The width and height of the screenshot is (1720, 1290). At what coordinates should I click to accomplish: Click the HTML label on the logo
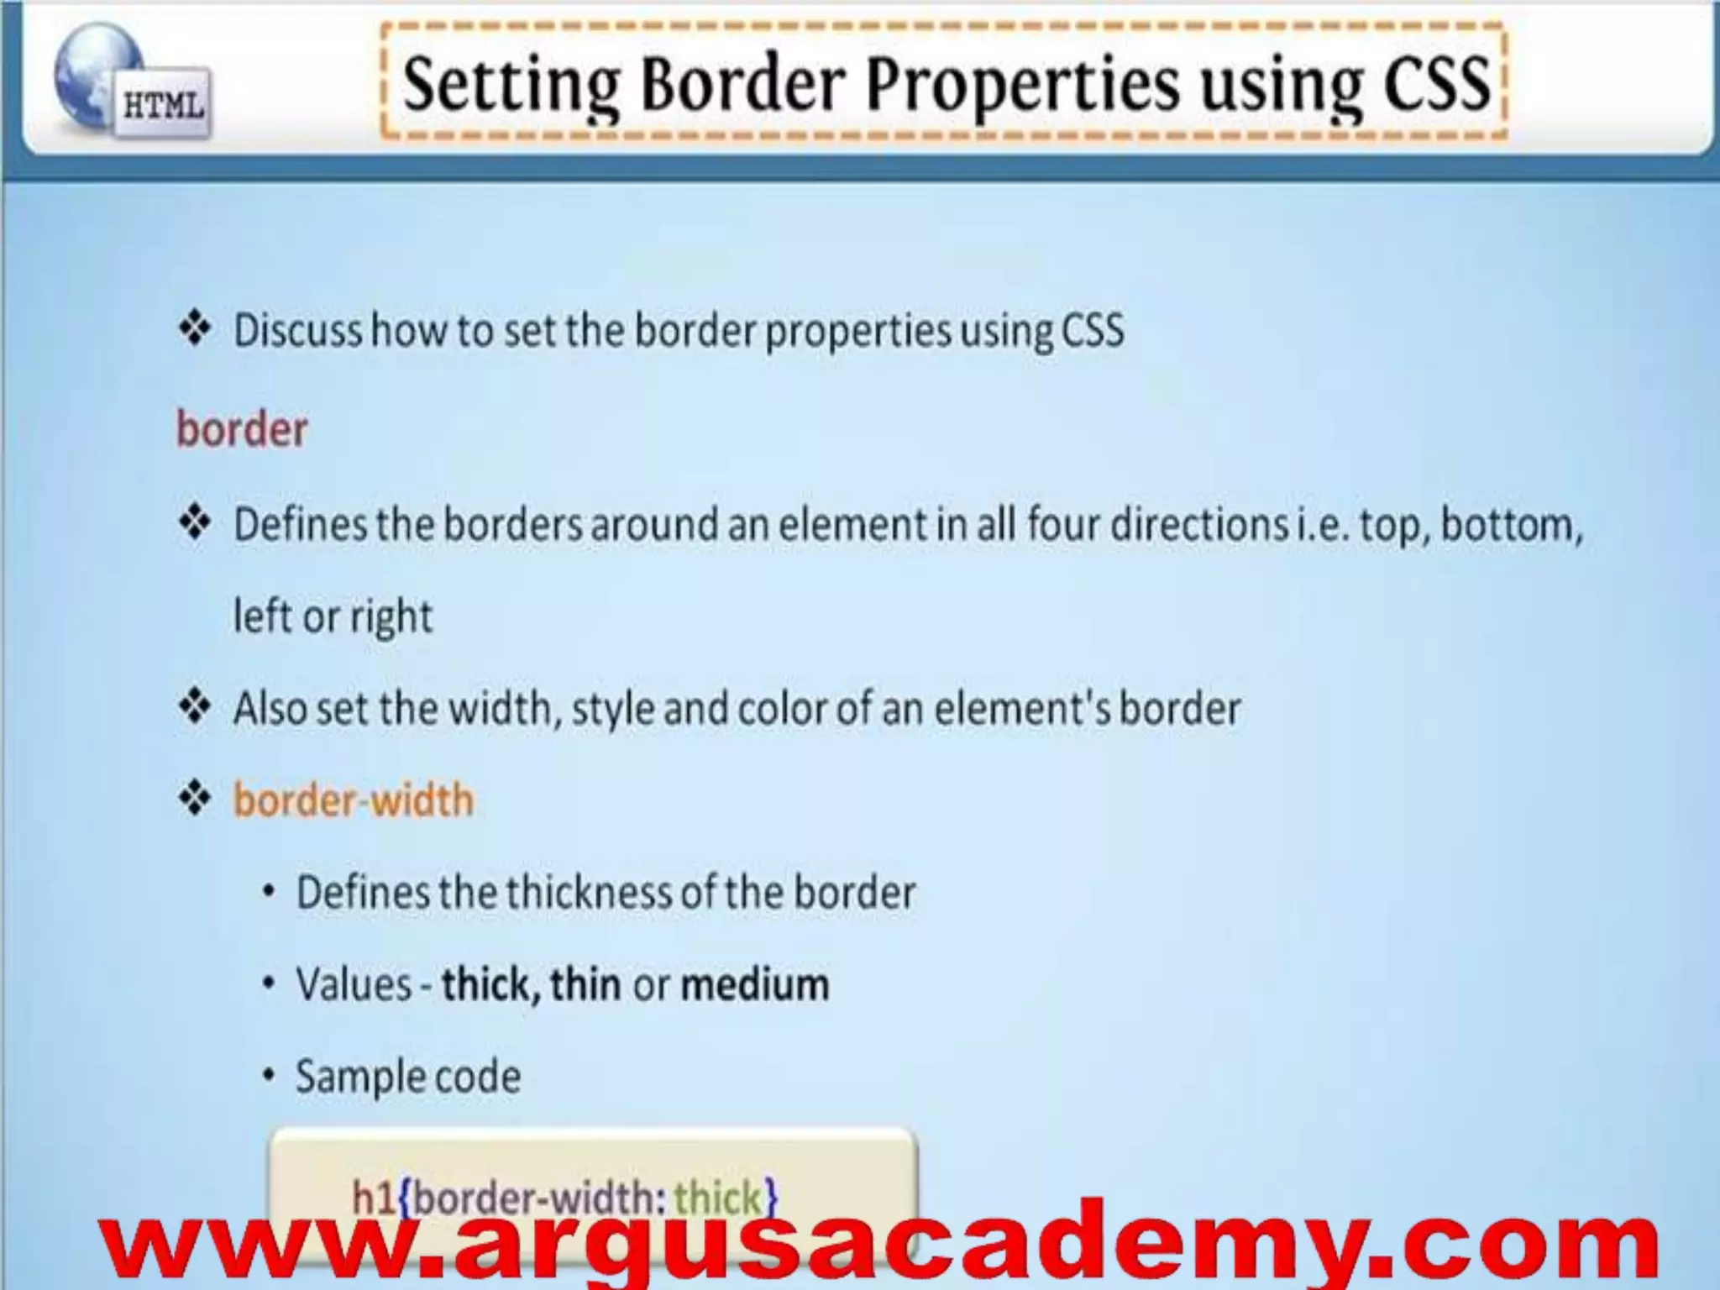pos(163,107)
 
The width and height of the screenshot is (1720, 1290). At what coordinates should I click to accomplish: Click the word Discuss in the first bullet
pos(297,330)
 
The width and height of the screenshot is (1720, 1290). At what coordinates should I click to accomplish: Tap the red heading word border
pos(242,429)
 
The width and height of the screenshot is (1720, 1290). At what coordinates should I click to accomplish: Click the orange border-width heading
pos(353,800)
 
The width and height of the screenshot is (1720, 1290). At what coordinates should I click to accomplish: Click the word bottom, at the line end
pos(1512,524)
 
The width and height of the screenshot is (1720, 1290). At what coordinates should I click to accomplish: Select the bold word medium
pos(754,984)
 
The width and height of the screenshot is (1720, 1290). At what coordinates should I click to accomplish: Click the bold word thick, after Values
pos(490,984)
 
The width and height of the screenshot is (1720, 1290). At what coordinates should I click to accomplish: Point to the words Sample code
pos(408,1077)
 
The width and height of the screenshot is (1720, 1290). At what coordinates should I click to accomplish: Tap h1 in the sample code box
pos(373,1196)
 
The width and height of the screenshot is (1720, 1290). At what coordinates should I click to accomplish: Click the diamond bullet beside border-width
pos(195,799)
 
